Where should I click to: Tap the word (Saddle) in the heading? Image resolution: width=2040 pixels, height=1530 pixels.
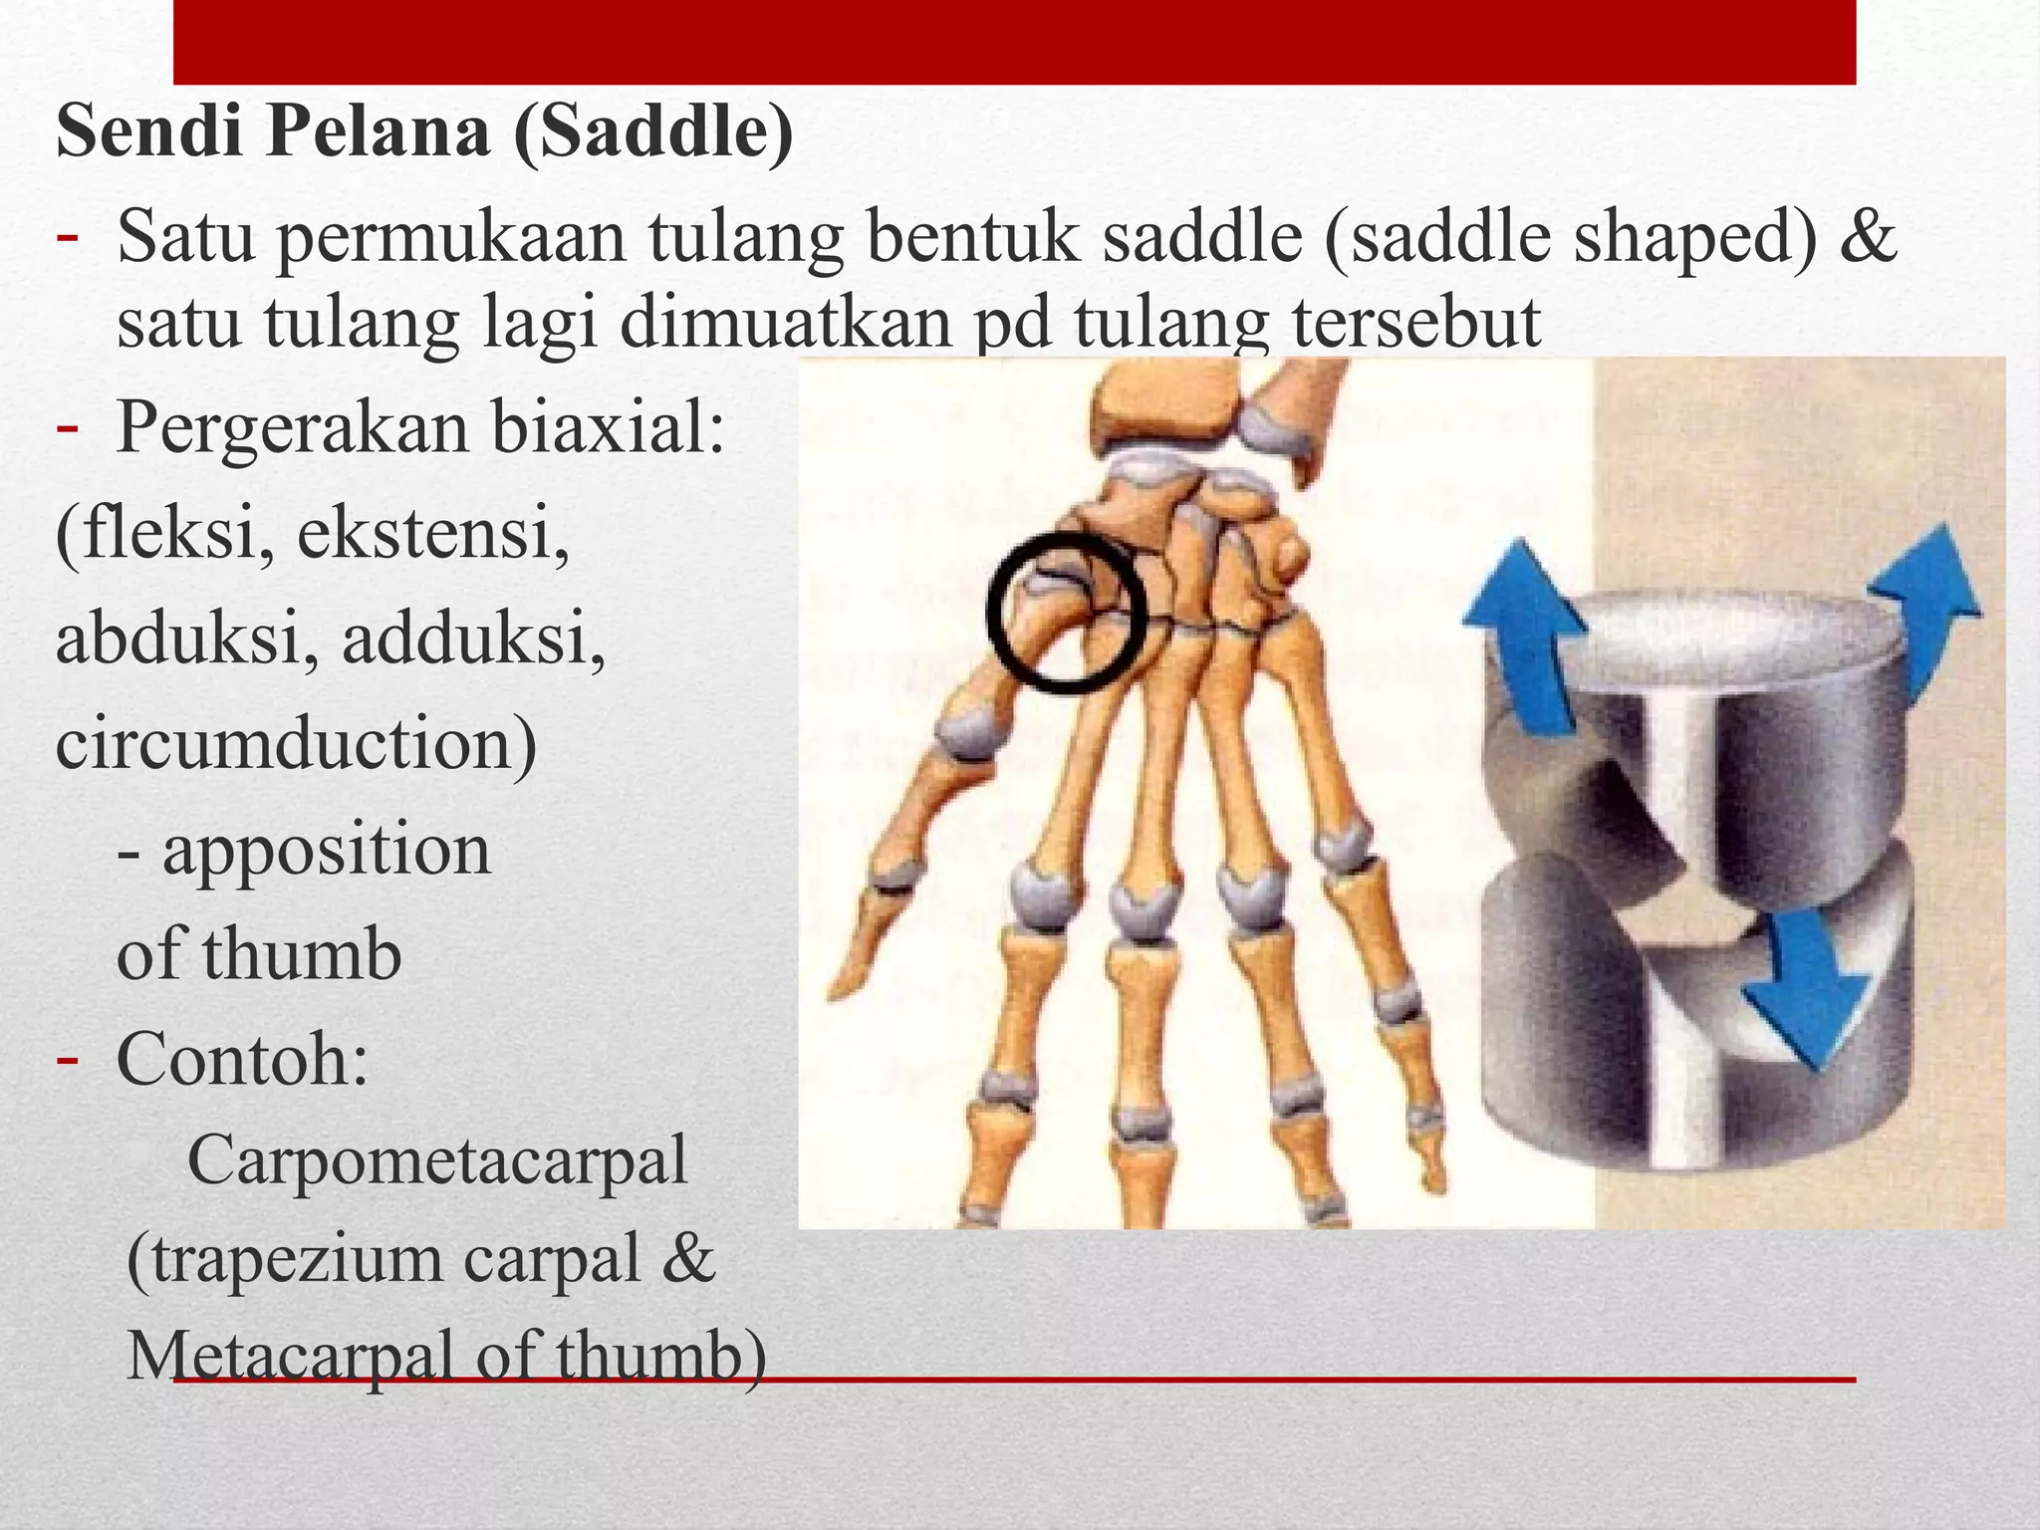click(653, 133)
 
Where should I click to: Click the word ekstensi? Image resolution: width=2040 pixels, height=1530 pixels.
click(433, 533)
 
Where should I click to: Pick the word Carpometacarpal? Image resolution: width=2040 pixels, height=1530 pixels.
click(437, 1161)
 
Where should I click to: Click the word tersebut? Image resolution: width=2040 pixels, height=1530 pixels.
click(1415, 325)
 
